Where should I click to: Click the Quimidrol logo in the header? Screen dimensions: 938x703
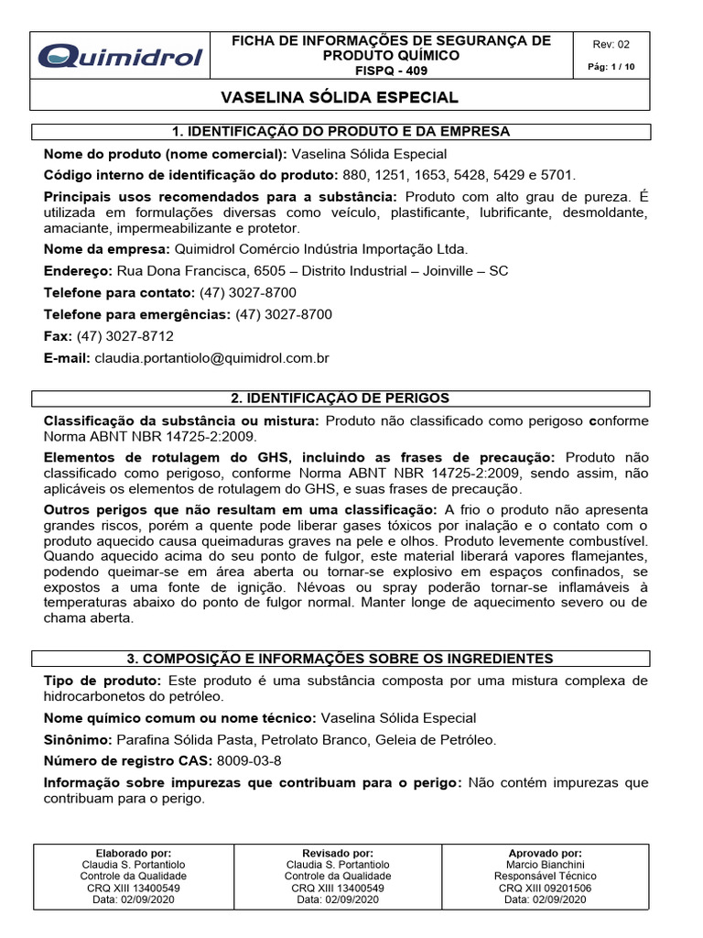point(120,57)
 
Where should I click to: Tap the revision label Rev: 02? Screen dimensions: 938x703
point(611,44)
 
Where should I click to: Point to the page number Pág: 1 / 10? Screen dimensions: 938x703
point(611,68)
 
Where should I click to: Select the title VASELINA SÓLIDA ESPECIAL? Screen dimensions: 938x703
point(341,97)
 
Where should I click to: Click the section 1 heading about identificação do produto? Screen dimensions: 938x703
point(341,131)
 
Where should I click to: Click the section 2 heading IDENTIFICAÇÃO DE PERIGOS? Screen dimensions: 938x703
point(341,398)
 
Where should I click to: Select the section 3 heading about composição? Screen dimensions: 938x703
point(341,659)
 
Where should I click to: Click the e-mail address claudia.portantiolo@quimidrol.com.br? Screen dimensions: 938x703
point(211,358)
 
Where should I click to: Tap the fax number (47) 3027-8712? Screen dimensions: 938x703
point(125,336)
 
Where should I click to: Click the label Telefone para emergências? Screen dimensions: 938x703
point(137,314)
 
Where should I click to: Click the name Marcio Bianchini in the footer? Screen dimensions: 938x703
point(545,864)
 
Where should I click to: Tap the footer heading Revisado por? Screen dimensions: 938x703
point(337,852)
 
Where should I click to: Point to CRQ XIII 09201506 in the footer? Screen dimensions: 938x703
point(545,888)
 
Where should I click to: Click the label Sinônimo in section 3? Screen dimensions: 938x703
point(77,739)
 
